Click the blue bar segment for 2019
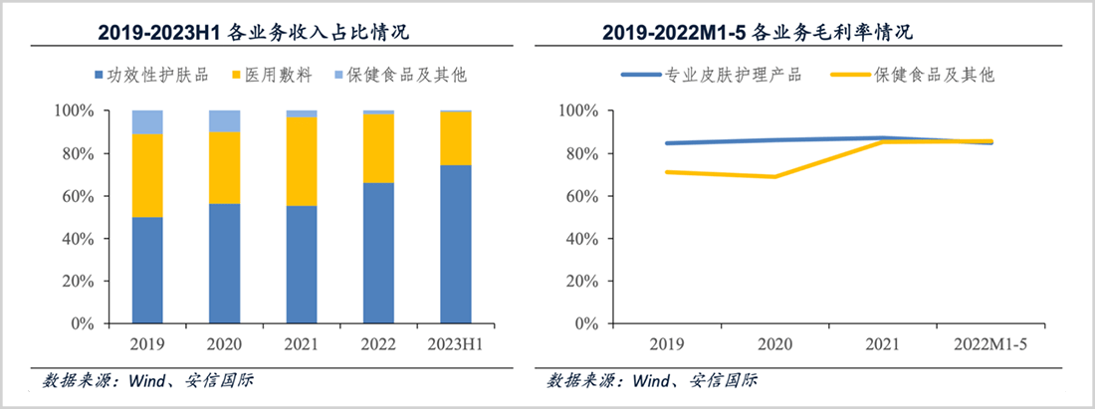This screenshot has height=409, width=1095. [147, 270]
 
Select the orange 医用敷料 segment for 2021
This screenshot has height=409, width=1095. [301, 161]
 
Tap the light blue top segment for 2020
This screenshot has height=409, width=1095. [224, 120]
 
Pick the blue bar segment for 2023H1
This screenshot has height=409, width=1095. [455, 244]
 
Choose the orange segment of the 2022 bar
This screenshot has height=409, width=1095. [378, 148]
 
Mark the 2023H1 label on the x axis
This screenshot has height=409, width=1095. [455, 343]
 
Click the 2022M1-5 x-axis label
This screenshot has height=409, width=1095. [991, 343]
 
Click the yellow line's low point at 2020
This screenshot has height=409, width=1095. [773, 176]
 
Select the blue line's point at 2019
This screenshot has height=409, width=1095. [666, 143]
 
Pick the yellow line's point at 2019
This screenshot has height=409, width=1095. [666, 172]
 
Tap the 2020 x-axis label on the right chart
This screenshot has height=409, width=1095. [773, 343]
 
